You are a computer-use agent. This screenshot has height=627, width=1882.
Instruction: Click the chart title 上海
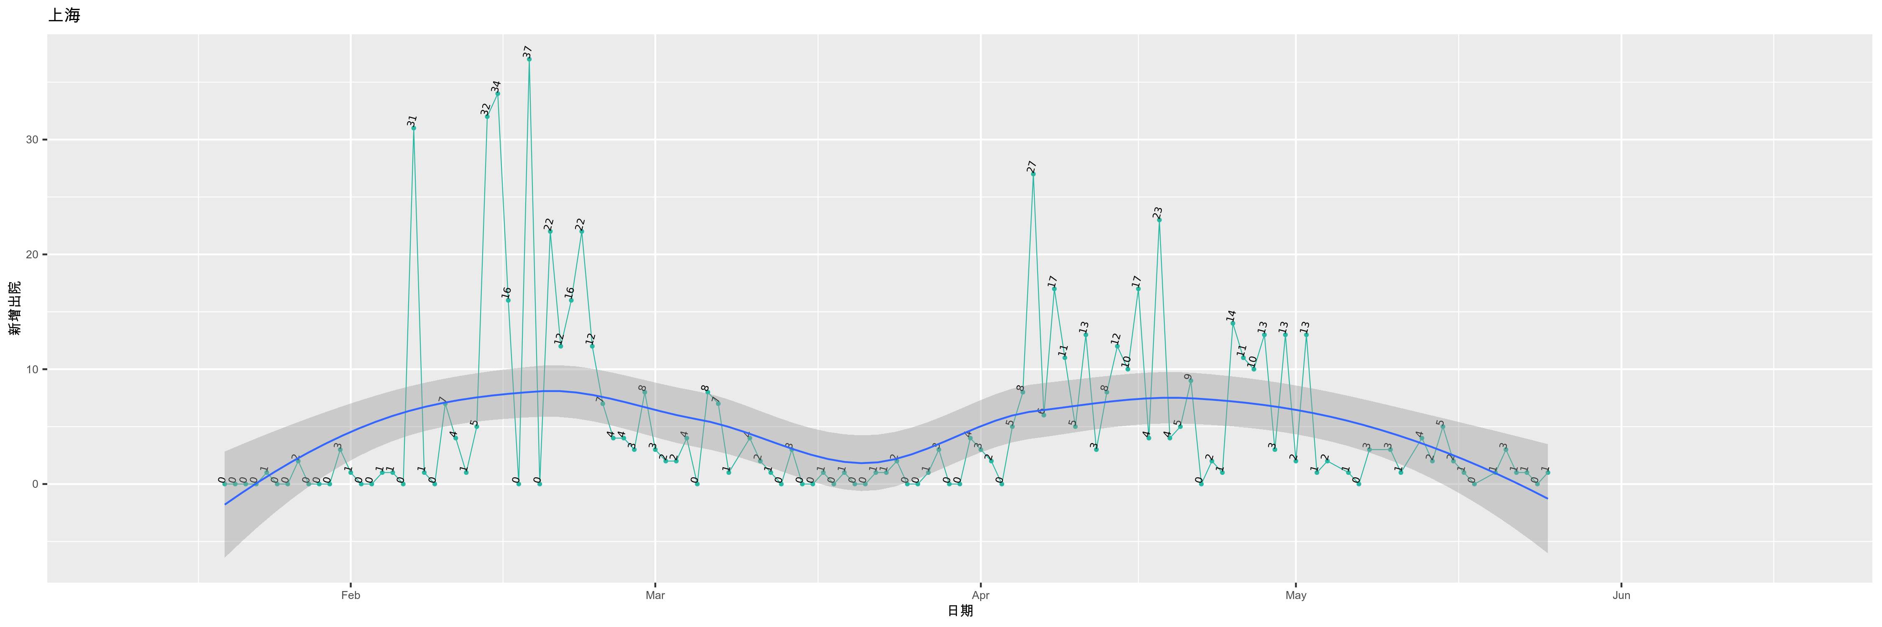click(64, 15)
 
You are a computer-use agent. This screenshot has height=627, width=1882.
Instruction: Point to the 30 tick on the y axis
click(32, 140)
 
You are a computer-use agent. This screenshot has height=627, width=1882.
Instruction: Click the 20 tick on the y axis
click(32, 255)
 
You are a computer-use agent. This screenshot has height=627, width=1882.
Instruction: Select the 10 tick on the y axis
click(32, 370)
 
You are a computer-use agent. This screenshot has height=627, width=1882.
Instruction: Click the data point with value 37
click(529, 59)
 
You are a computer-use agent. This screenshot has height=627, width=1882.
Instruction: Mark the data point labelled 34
click(498, 94)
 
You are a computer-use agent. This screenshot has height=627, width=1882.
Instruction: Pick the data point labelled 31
click(414, 128)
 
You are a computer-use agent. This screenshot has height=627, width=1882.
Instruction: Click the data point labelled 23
click(1159, 220)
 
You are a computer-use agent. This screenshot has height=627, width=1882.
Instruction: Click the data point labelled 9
click(1191, 380)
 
